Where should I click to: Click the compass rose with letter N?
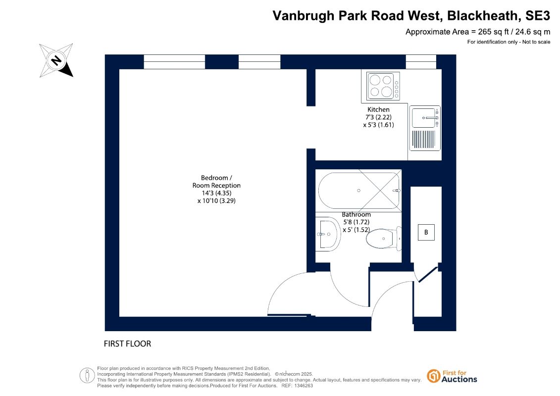56,60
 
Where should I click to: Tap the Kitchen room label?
378,109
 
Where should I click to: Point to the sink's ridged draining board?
423,139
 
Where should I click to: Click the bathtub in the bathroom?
359,191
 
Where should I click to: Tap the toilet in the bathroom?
384,238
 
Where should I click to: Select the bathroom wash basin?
328,234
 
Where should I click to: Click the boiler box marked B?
426,232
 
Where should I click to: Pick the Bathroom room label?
356,215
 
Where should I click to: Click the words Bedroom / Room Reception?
216,181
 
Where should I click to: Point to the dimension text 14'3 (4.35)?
216,193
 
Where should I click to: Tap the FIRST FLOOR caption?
128,344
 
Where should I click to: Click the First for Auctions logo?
452,376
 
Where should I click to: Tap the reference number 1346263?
303,386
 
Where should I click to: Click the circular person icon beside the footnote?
87,376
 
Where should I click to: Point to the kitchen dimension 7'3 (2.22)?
378,117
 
